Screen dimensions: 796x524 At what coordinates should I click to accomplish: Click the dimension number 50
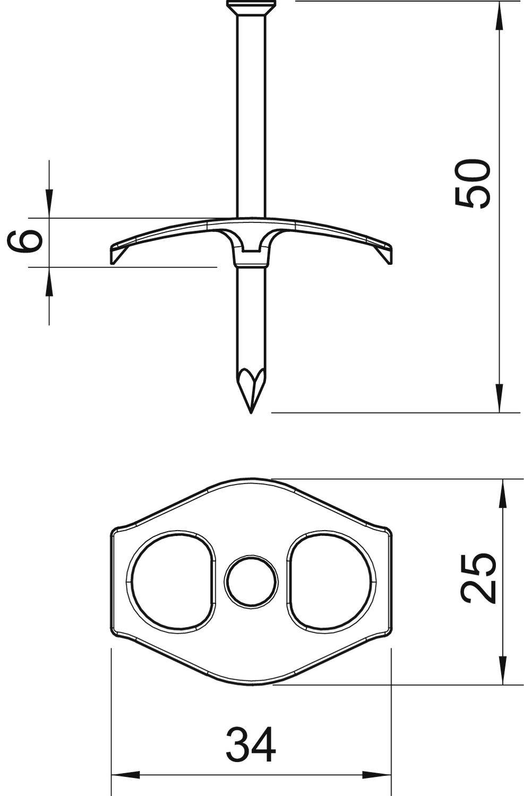tap(472, 183)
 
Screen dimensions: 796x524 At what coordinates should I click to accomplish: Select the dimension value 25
tap(477, 578)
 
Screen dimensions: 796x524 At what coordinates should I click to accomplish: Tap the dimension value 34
tap(251, 745)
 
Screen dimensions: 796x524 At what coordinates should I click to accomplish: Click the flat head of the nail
tap(251, 6)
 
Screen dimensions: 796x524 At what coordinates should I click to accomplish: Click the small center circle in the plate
tap(251, 582)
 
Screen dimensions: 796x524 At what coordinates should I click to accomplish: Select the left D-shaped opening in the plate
tap(171, 582)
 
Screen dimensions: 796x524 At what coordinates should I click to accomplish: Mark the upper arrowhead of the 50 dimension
tap(500, 16)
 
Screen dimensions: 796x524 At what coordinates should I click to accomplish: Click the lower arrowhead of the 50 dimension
tap(500, 398)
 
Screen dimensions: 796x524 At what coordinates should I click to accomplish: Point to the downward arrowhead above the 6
tap(49, 204)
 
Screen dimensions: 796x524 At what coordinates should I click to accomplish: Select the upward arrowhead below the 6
tap(49, 281)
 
